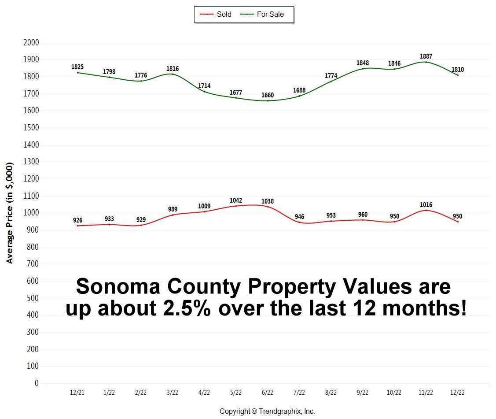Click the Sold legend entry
click(x=216, y=14)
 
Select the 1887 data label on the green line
click(x=426, y=56)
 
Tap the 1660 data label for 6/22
click(x=268, y=95)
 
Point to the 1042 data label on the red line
click(x=236, y=200)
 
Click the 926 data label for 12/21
click(x=77, y=220)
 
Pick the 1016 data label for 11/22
click(x=426, y=205)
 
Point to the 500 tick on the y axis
click(x=33, y=298)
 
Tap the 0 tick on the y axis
click(x=37, y=383)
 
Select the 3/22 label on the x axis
click(x=173, y=393)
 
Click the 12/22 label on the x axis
click(x=457, y=393)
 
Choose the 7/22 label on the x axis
click(x=299, y=393)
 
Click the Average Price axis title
click(x=10, y=213)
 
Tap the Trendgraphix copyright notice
click(x=267, y=411)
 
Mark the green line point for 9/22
click(x=363, y=69)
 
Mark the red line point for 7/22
click(x=299, y=222)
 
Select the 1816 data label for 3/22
click(x=173, y=69)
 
